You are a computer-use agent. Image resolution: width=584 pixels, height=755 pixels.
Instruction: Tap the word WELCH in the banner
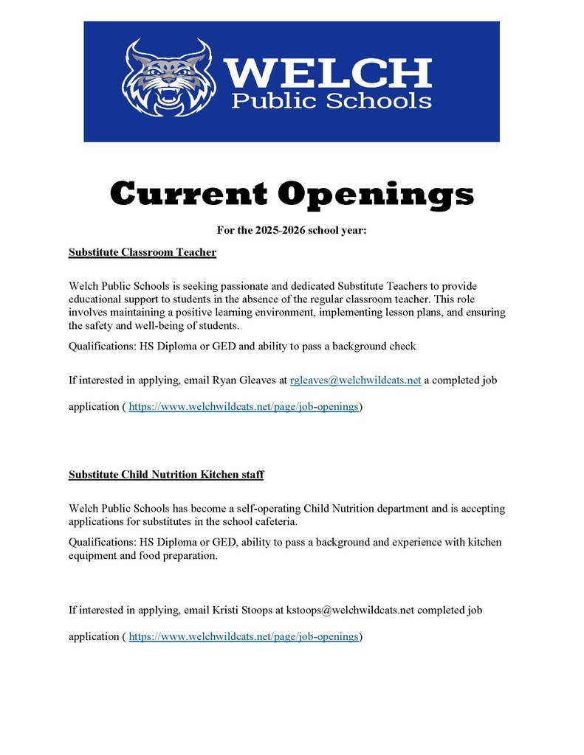click(x=327, y=72)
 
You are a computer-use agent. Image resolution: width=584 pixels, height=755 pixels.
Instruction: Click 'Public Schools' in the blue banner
click(x=331, y=100)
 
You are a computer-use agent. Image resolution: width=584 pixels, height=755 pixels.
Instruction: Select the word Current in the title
click(x=190, y=195)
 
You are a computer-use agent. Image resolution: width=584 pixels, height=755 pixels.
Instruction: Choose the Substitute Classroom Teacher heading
click(x=142, y=252)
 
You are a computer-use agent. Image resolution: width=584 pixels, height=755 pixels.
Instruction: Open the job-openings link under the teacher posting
click(x=244, y=407)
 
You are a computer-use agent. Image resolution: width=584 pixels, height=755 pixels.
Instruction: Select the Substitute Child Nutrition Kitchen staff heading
click(x=166, y=475)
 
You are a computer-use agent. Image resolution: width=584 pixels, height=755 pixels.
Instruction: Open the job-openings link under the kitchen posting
click(x=244, y=636)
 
